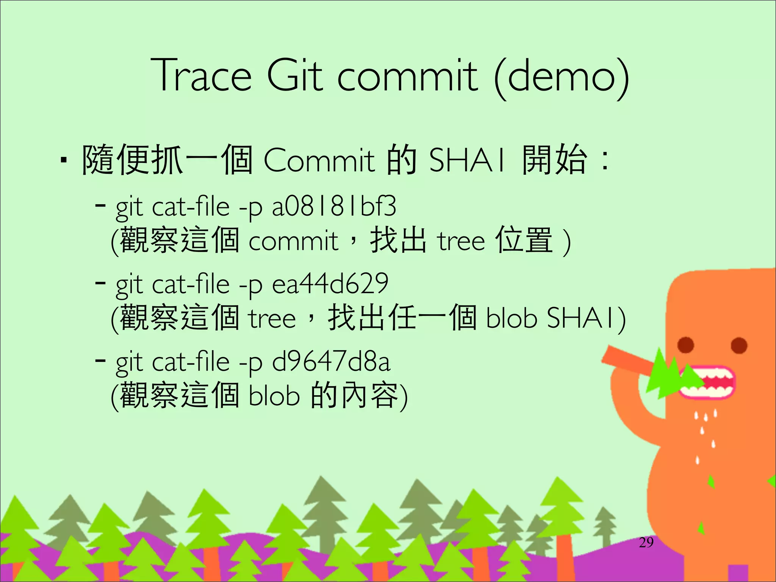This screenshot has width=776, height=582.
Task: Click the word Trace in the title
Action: (x=201, y=76)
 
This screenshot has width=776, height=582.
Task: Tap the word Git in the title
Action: (x=295, y=76)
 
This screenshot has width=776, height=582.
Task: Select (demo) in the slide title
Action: (x=561, y=77)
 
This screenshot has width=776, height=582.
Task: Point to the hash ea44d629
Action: (x=330, y=284)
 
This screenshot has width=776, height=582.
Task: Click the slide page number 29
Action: (x=646, y=542)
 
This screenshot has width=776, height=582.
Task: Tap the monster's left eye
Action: (x=686, y=344)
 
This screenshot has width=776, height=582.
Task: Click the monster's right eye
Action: (x=739, y=345)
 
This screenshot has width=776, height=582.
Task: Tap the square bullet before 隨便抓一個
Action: (x=64, y=161)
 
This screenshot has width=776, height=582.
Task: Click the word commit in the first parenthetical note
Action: (x=293, y=241)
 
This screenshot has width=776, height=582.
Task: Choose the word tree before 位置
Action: (x=461, y=241)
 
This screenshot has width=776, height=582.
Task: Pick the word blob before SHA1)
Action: (x=511, y=318)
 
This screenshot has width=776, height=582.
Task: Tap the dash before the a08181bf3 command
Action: (x=100, y=206)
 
